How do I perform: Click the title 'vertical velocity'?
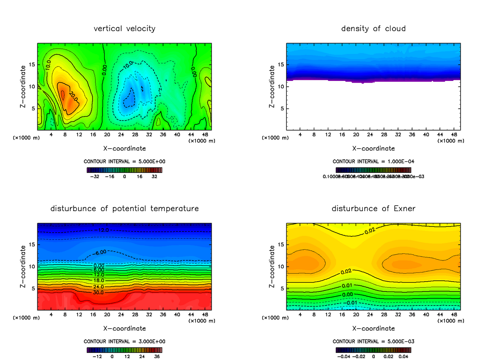pos(124,29)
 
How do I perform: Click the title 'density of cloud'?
pos(373,29)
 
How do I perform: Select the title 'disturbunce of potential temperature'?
pos(124,208)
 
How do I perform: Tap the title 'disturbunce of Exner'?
pos(373,208)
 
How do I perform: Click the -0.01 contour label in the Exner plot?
pos(351,303)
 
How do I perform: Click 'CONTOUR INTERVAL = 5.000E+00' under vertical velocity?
pos(125,161)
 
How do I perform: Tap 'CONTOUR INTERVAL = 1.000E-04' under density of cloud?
pos(373,161)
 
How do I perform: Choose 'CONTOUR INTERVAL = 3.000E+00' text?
pos(125,341)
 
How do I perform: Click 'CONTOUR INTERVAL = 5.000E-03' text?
pos(373,341)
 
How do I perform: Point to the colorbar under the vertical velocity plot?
pos(124,170)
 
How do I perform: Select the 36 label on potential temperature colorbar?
pos(157,356)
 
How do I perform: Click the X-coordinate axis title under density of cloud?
pos(373,148)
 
